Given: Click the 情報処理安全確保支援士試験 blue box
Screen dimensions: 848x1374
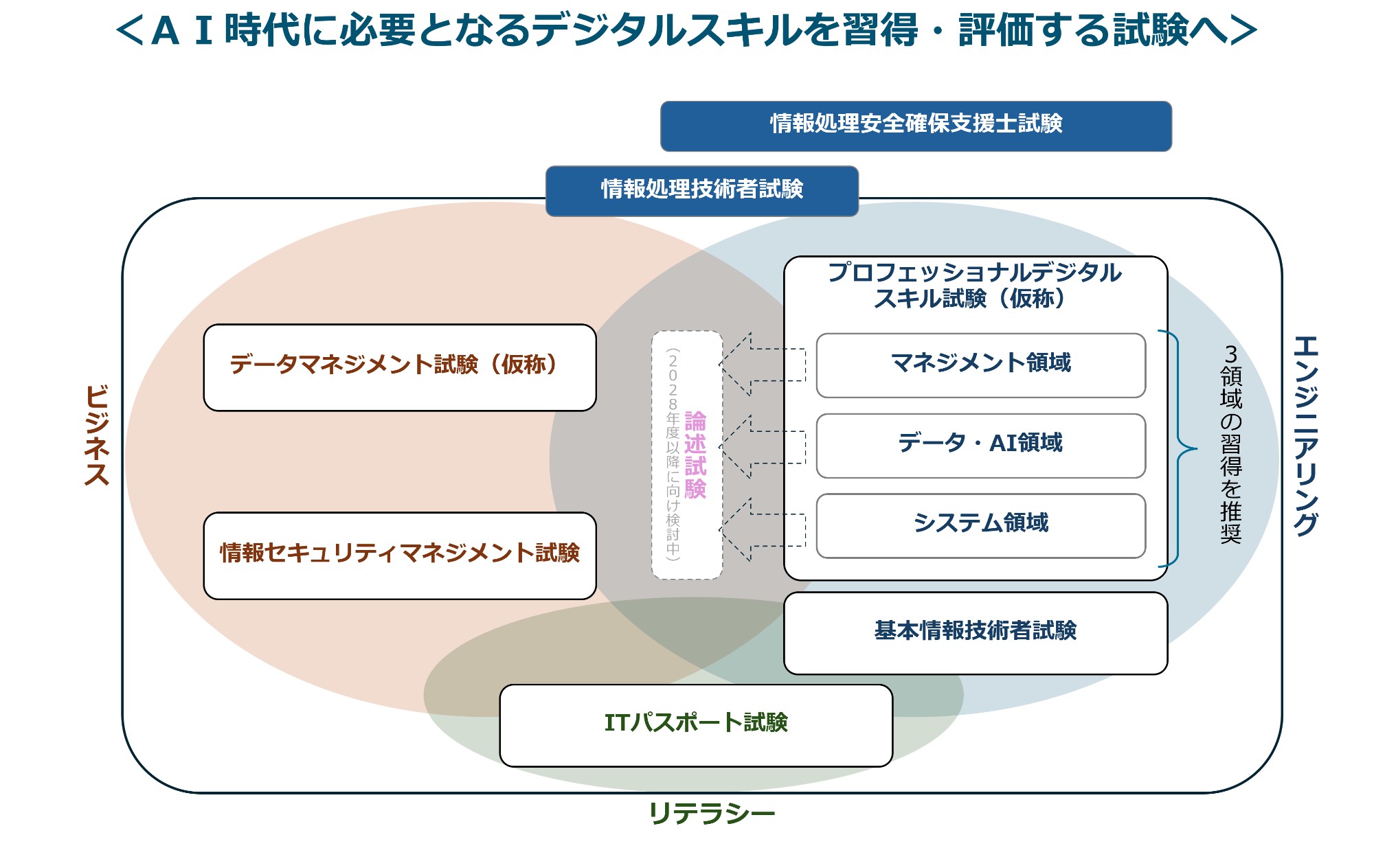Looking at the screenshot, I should (x=916, y=126).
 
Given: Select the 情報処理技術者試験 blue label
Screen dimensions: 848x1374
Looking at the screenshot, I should (x=701, y=190).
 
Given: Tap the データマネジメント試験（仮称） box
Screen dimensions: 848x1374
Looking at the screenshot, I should (x=399, y=367).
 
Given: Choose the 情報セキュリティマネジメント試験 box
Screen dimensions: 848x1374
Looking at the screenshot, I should (x=399, y=555).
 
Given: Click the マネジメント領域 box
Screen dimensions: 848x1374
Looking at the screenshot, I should (x=980, y=365).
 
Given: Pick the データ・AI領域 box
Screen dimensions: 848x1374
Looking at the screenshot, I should (x=980, y=445).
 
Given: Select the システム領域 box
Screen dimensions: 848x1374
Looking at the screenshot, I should (x=980, y=525).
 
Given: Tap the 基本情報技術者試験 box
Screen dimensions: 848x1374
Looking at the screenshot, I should (x=975, y=632).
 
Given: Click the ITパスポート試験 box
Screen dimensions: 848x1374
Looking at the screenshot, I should (x=695, y=724).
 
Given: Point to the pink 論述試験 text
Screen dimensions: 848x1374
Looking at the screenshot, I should (x=695, y=455).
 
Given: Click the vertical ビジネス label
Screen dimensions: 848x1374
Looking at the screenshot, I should (x=97, y=435).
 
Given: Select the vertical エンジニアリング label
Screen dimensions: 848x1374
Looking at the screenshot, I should (x=1305, y=435).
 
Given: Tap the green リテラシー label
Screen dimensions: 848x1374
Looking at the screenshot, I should (x=711, y=814).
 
